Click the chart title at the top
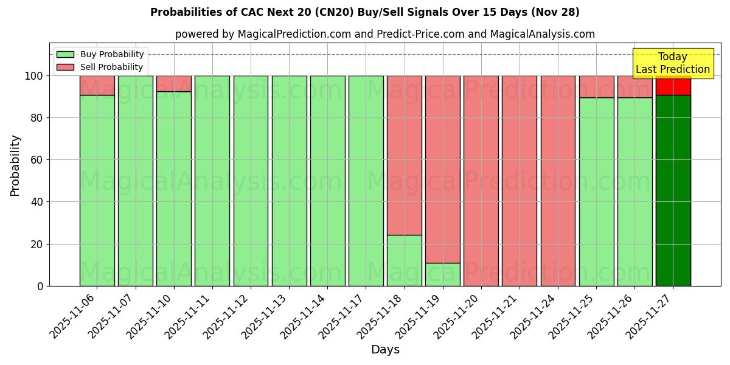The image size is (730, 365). click(364, 12)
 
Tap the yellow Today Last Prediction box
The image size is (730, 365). click(673, 63)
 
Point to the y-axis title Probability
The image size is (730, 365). click(15, 165)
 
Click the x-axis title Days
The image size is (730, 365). click(385, 350)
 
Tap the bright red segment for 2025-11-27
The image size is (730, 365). click(673, 86)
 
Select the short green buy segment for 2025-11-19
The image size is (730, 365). click(443, 274)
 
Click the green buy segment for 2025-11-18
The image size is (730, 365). click(405, 260)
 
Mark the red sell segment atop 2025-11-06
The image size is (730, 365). click(97, 85)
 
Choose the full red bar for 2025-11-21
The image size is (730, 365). click(520, 181)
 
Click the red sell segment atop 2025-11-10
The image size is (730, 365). click(174, 83)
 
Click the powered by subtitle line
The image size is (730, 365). click(385, 34)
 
